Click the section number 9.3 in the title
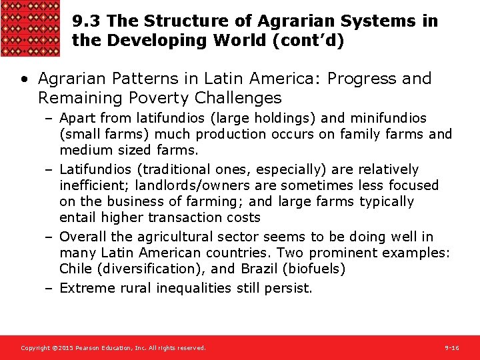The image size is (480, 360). click(87, 21)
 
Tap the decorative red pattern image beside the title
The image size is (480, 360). click(31, 29)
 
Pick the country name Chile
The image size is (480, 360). click(75, 269)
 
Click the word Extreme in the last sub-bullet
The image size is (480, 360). click(85, 288)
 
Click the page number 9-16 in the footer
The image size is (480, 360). click(451, 348)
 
